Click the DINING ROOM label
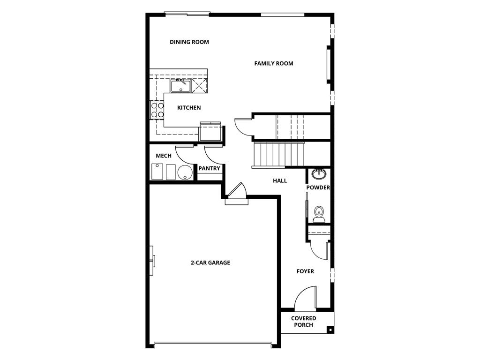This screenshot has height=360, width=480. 189,42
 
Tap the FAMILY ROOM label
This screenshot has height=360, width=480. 274,63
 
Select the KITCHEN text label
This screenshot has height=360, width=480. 189,108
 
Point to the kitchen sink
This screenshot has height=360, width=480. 181,85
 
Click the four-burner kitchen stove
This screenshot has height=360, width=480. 157,110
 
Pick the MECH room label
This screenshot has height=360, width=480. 164,156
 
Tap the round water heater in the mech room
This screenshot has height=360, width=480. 185,172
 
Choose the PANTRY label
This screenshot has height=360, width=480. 209,168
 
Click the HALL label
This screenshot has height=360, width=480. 280,181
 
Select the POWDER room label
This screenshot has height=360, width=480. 318,187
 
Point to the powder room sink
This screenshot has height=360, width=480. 319,173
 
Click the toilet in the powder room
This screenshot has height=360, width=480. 319,214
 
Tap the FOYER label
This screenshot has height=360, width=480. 305,271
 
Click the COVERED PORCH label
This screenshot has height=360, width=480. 303,322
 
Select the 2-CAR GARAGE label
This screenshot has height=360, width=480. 210,262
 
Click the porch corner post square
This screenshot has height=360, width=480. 330,330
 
